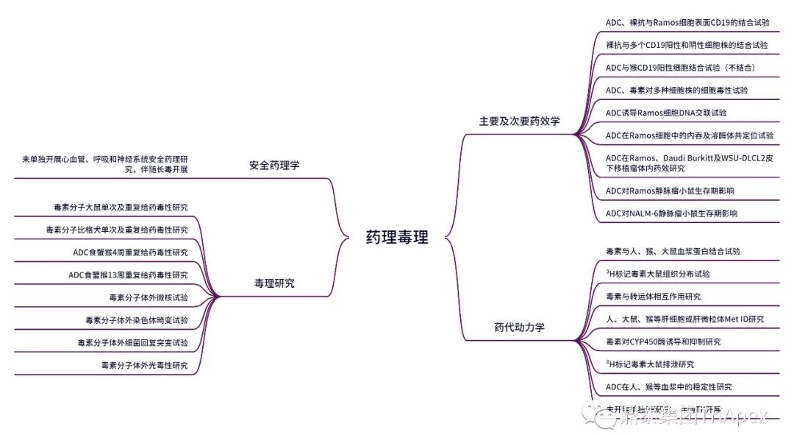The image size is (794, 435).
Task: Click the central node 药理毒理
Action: [x=396, y=238]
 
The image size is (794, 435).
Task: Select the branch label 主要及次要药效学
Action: [x=519, y=121]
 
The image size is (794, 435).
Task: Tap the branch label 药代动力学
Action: [x=519, y=328]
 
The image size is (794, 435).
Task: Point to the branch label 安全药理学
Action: [x=274, y=165]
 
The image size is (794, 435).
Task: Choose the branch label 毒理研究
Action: [x=274, y=283]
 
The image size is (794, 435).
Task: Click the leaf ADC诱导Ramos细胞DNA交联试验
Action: [x=666, y=113]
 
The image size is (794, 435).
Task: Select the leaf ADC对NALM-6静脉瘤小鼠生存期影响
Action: [x=671, y=213]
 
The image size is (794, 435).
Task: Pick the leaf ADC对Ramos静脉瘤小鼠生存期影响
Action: [x=670, y=191]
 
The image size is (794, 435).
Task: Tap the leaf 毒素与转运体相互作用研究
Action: [x=653, y=297]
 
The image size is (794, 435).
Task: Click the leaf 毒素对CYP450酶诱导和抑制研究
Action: [x=663, y=342]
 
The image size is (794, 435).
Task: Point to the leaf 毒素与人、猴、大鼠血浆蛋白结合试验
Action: [x=673, y=252]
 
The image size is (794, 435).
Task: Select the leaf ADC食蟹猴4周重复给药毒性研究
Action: [x=130, y=252]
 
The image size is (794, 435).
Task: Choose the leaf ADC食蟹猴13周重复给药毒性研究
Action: [x=128, y=275]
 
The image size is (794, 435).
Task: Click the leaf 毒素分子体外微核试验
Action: [x=148, y=298]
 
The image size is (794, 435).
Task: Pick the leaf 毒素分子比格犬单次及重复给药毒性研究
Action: [x=116, y=230]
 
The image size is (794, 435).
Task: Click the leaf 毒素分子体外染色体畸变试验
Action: [x=136, y=320]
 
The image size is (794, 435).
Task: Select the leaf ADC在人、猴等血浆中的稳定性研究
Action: [x=668, y=386]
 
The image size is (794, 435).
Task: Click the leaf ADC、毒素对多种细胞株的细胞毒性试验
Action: [x=676, y=90]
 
